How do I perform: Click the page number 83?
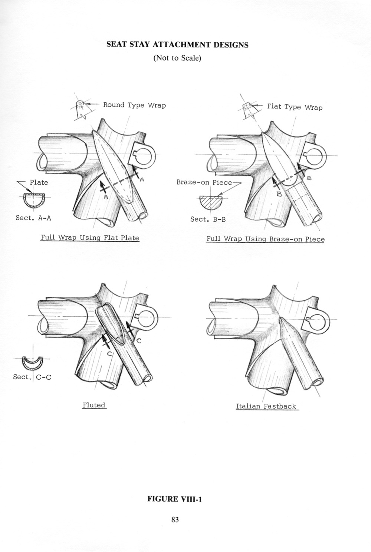(175, 520)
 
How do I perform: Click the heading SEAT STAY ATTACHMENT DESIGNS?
(177, 45)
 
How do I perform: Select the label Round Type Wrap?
(134, 105)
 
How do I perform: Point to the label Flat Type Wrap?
(295, 107)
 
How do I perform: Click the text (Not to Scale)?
(177, 58)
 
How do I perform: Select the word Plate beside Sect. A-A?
(39, 182)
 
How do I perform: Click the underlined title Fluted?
(94, 405)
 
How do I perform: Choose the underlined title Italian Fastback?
(266, 406)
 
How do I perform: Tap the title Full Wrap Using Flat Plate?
(90, 238)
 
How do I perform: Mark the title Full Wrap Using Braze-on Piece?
(265, 239)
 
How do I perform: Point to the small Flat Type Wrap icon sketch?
(248, 109)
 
